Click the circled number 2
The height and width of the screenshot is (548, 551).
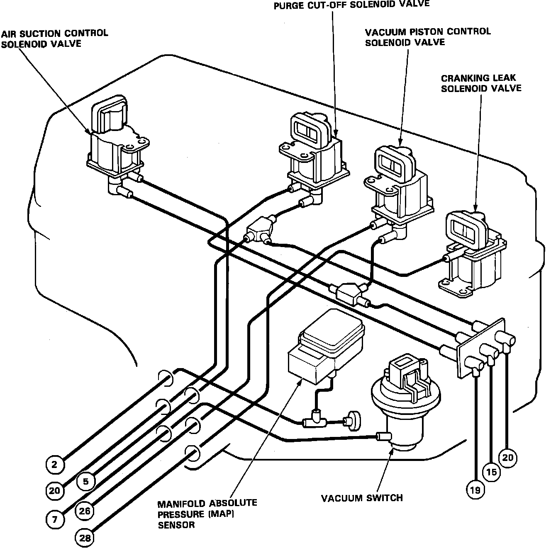coord(55,464)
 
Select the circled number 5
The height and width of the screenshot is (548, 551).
coord(86,481)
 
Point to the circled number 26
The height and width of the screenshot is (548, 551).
coord(85,511)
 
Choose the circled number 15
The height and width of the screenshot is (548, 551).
coord(492,472)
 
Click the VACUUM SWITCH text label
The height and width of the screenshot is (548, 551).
coord(362,497)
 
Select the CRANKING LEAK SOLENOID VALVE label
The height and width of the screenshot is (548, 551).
coord(481,83)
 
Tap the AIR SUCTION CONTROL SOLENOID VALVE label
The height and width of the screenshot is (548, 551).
coord(54,38)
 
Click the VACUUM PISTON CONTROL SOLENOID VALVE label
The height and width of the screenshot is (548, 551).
coord(427,36)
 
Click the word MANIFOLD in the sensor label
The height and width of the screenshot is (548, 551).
coord(181,504)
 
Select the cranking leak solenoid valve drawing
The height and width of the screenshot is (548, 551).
coord(473,253)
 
